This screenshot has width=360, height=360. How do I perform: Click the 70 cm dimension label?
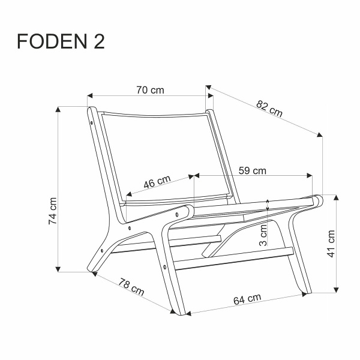tap(149, 90)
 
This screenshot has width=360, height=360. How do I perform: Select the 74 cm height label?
tap(53, 211)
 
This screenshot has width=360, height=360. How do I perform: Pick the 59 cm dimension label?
tap(253, 170)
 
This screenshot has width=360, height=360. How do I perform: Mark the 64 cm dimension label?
tap(248, 298)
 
